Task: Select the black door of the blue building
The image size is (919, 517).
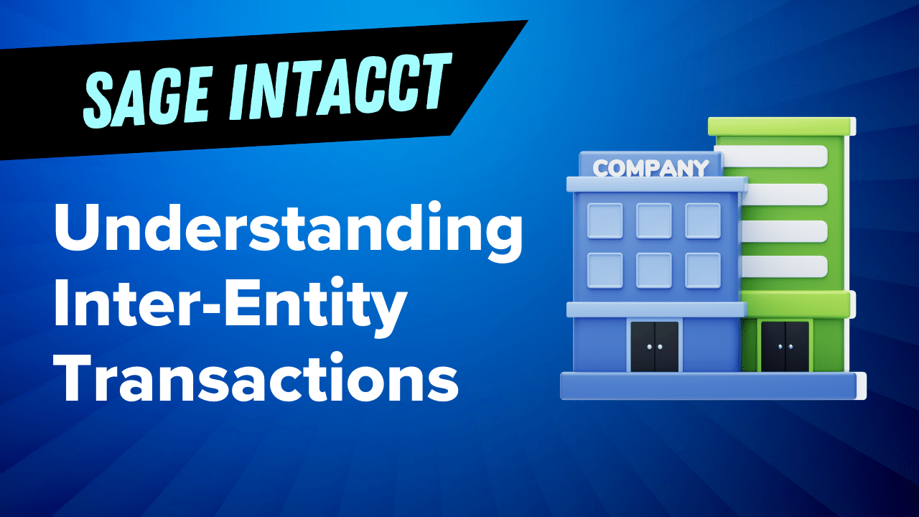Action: click(654, 346)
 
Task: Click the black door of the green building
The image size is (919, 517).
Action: click(785, 346)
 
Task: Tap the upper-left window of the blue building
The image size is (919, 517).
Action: click(605, 220)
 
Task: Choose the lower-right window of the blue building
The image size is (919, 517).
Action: click(702, 271)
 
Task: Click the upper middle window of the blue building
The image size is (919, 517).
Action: click(654, 220)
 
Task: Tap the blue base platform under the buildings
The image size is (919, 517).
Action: click(711, 386)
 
